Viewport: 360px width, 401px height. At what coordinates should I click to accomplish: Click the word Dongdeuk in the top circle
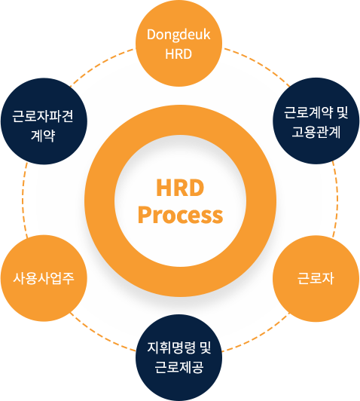pyautogui.click(x=178, y=35)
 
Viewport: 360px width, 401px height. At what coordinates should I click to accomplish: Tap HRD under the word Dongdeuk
pyautogui.click(x=178, y=54)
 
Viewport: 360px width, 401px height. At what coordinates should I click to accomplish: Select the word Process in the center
pyautogui.click(x=181, y=216)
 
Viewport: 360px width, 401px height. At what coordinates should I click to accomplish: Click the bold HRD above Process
pyautogui.click(x=180, y=188)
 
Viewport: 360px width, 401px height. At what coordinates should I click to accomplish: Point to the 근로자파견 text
pyautogui.click(x=43, y=116)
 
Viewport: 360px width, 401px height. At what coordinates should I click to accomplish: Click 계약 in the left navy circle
pyautogui.click(x=43, y=135)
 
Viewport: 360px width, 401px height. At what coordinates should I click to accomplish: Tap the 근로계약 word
pyautogui.click(x=309, y=112)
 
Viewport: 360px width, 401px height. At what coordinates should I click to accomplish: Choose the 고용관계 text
pyautogui.click(x=316, y=132)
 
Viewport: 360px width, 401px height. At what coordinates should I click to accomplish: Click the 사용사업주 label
pyautogui.click(x=44, y=278)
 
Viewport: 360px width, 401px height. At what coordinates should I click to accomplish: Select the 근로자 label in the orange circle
pyautogui.click(x=316, y=278)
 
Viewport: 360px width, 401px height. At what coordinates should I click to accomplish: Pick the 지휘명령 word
pyautogui.click(x=172, y=347)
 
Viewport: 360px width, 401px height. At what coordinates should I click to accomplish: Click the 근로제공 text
pyautogui.click(x=179, y=367)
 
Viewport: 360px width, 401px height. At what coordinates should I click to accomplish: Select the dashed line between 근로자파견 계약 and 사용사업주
pyautogui.click(x=23, y=200)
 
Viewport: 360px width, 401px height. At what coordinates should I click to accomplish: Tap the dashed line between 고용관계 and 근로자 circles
pyautogui.click(x=337, y=200)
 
